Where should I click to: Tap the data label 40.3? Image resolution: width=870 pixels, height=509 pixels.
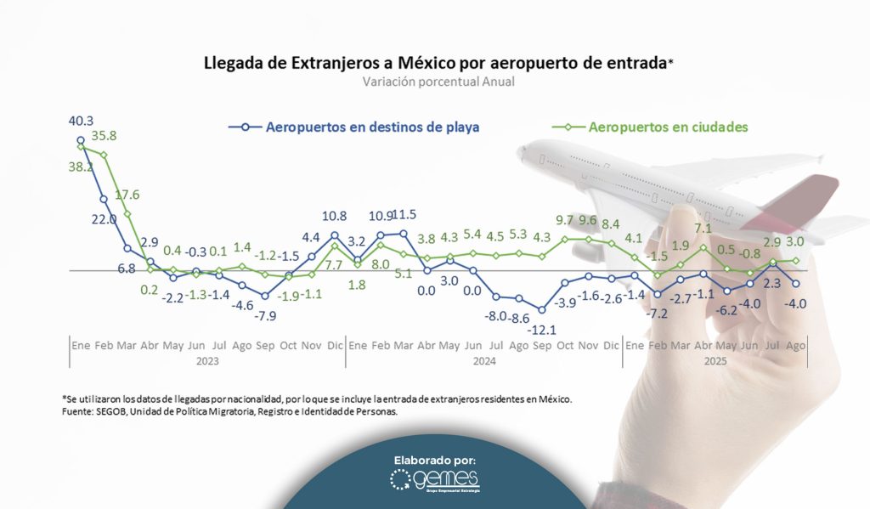81,122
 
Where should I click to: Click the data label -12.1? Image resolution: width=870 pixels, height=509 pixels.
541,329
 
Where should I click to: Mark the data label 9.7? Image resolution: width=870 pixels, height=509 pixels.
565,219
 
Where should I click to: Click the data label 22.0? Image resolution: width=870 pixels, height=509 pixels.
104,219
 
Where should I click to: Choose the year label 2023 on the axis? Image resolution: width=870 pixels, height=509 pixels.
206,360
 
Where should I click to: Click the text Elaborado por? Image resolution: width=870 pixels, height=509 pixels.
435,460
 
